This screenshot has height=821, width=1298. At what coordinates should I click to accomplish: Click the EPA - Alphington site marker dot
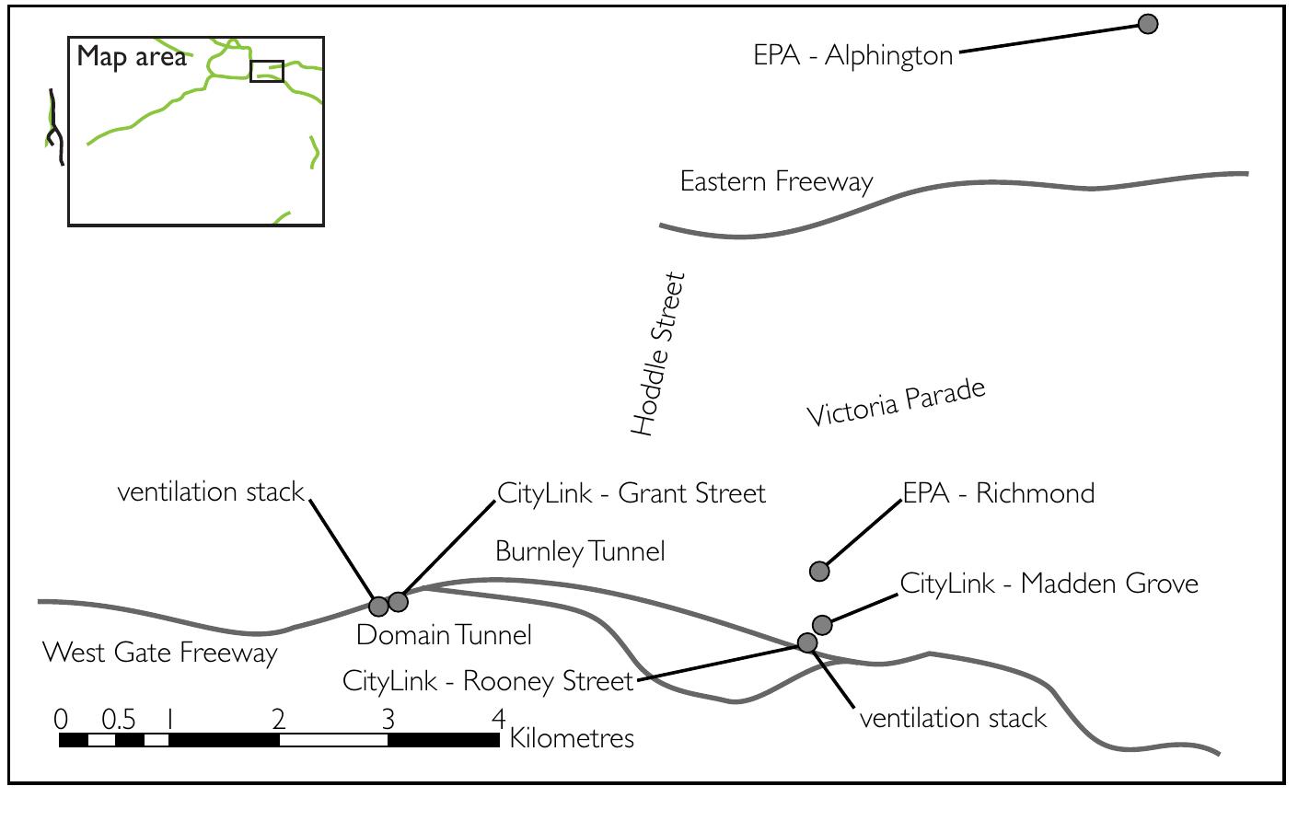(1147, 24)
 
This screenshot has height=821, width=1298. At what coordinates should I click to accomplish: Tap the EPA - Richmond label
(999, 493)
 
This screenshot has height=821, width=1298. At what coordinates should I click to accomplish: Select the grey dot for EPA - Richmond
(819, 572)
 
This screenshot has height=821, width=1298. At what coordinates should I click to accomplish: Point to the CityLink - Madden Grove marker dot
(823, 626)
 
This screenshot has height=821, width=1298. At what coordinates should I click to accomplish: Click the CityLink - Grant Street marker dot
(398, 602)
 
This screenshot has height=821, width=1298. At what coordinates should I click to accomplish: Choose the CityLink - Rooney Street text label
(488, 681)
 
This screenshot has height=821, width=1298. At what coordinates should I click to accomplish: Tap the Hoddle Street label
(658, 353)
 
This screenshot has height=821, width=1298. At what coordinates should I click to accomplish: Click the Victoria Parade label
(896, 403)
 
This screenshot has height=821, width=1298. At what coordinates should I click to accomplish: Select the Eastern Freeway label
(776, 181)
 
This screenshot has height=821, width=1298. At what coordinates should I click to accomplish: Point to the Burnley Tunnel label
(580, 551)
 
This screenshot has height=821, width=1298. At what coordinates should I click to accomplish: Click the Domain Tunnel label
(444, 635)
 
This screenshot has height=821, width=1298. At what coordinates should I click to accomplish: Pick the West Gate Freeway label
(160, 653)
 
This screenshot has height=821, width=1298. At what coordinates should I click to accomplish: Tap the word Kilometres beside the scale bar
(572, 738)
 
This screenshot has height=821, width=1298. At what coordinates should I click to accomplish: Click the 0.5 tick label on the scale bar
(118, 719)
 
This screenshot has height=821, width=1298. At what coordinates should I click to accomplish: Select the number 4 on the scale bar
(498, 718)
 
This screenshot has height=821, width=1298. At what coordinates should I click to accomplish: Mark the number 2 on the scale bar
(279, 719)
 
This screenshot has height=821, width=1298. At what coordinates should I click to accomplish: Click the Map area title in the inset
(132, 57)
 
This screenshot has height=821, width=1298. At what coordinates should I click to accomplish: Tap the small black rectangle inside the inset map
(267, 72)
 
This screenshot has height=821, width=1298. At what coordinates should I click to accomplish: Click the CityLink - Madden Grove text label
(1049, 584)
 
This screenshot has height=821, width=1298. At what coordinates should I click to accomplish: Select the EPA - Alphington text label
(852, 55)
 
